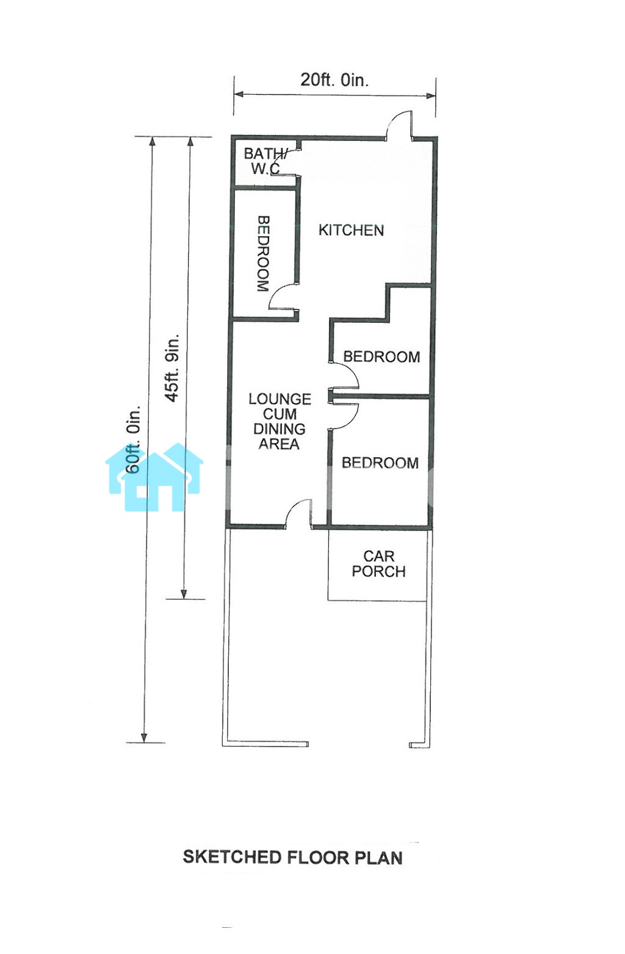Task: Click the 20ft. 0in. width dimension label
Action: tap(334, 79)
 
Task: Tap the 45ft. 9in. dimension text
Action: tap(172, 367)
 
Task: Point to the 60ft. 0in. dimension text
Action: tap(133, 439)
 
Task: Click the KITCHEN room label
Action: tap(351, 230)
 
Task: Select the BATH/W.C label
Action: tap(266, 161)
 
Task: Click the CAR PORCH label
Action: tap(378, 563)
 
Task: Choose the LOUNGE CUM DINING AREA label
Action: tap(280, 421)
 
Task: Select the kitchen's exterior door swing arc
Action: tap(398, 122)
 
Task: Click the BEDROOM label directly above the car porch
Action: tap(380, 463)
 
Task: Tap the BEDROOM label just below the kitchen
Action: tap(381, 356)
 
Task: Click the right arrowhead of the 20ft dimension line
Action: tap(430, 95)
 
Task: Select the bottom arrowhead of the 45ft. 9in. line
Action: tap(184, 593)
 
